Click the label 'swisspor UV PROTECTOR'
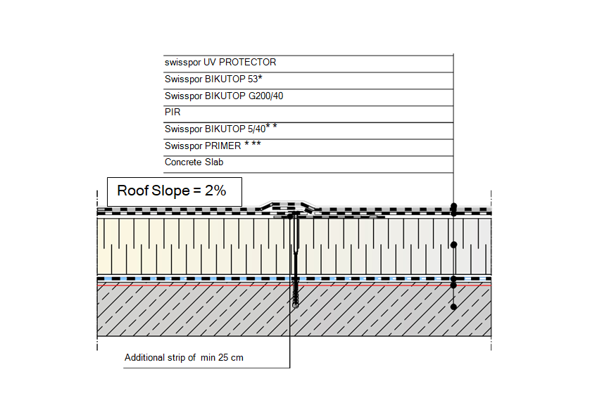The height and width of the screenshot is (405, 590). (220, 63)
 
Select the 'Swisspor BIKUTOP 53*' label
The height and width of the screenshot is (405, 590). (213, 79)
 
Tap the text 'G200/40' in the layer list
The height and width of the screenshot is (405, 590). (265, 96)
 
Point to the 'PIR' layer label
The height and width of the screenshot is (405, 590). (172, 112)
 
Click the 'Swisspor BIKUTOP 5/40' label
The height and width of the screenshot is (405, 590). (215, 129)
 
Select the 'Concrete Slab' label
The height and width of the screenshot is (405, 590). (194, 162)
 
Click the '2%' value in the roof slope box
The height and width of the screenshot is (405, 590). (215, 191)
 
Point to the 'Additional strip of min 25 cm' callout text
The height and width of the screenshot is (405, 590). (184, 357)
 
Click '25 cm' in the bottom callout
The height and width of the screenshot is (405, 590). (231, 357)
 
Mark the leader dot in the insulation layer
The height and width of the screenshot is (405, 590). (454, 245)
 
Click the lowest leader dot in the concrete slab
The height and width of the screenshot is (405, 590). (454, 307)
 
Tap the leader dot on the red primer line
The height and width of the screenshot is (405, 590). (454, 285)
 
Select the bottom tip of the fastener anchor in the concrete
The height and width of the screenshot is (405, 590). (296, 307)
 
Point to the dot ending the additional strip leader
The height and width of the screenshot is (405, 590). (290, 217)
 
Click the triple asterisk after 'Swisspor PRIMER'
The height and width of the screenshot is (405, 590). (253, 144)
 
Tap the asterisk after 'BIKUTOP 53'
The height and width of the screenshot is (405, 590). (260, 77)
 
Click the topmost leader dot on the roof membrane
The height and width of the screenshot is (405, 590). (454, 206)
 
